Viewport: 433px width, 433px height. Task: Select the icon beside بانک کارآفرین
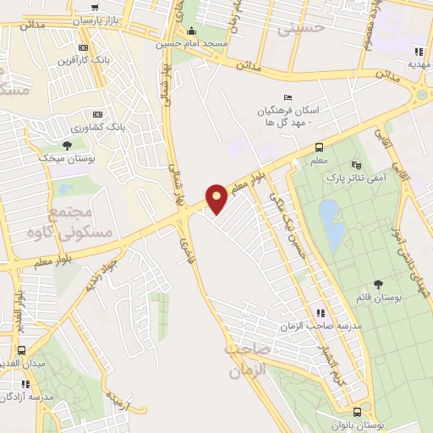(x=82, y=47)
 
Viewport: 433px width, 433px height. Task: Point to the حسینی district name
(x=307, y=29)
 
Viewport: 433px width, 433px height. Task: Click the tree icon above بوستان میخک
(x=67, y=145)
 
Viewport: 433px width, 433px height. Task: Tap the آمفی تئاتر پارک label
(x=355, y=178)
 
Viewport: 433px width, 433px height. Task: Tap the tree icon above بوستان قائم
(x=378, y=284)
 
